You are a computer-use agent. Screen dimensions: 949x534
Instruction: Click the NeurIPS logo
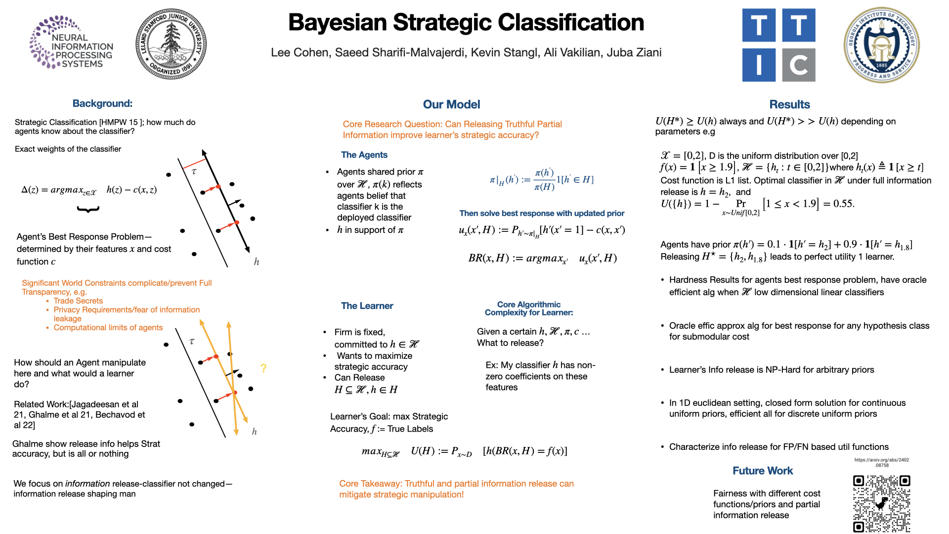[x=71, y=43]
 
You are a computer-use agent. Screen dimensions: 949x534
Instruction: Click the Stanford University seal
[x=171, y=44]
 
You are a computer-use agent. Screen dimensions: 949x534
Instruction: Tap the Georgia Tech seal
[x=881, y=45]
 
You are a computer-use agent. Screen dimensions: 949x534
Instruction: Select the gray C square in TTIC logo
[x=799, y=65]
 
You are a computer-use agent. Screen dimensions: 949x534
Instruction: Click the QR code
[x=882, y=504]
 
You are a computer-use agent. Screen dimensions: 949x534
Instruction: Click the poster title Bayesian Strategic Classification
[x=466, y=23]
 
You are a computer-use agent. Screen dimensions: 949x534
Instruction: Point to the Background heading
[x=102, y=103]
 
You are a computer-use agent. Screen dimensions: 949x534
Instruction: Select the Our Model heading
[x=451, y=104]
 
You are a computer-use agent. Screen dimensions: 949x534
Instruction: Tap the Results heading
[x=789, y=104]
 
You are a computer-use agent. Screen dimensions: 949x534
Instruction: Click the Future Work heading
[x=762, y=471]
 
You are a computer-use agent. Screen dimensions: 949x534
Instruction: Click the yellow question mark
[x=263, y=368]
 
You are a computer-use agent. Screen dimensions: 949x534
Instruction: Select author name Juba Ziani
[x=634, y=52]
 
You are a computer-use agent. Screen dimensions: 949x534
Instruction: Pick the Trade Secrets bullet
[x=78, y=301]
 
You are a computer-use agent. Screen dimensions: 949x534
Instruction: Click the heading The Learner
[x=367, y=306]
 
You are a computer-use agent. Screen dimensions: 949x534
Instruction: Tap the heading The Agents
[x=364, y=155]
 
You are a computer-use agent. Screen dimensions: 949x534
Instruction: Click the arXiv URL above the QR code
[x=882, y=462]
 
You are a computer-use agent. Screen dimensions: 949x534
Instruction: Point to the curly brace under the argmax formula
[x=88, y=210]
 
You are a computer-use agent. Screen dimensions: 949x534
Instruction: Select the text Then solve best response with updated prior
[x=542, y=213]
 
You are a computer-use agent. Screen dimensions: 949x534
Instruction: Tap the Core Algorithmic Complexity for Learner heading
[x=529, y=309]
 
